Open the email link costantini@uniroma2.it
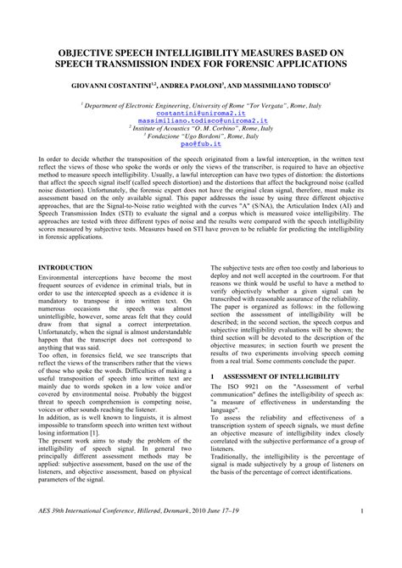(x=201, y=113)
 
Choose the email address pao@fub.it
(x=201, y=145)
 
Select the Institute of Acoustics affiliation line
(x=201, y=129)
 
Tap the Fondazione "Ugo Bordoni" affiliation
(x=201, y=137)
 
